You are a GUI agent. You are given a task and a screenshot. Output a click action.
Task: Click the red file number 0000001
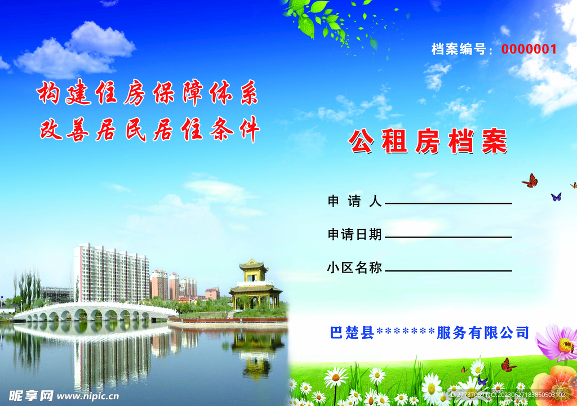click(529, 49)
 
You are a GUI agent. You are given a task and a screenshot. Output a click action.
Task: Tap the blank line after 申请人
click(448, 203)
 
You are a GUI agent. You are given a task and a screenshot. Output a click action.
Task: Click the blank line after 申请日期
click(448, 237)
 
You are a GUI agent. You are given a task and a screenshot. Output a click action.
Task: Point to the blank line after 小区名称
click(448, 270)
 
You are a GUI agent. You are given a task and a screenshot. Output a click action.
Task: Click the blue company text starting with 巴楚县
click(429, 333)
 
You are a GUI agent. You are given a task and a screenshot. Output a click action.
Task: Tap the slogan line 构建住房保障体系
click(148, 94)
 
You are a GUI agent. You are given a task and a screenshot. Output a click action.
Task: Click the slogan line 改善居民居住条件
click(149, 130)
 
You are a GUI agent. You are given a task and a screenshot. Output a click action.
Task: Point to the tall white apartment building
click(111, 273)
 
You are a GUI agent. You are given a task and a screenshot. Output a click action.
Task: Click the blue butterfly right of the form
click(556, 197)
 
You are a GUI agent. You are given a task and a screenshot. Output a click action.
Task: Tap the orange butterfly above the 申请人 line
click(530, 181)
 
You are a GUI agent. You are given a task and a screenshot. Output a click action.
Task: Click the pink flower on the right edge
click(558, 342)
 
